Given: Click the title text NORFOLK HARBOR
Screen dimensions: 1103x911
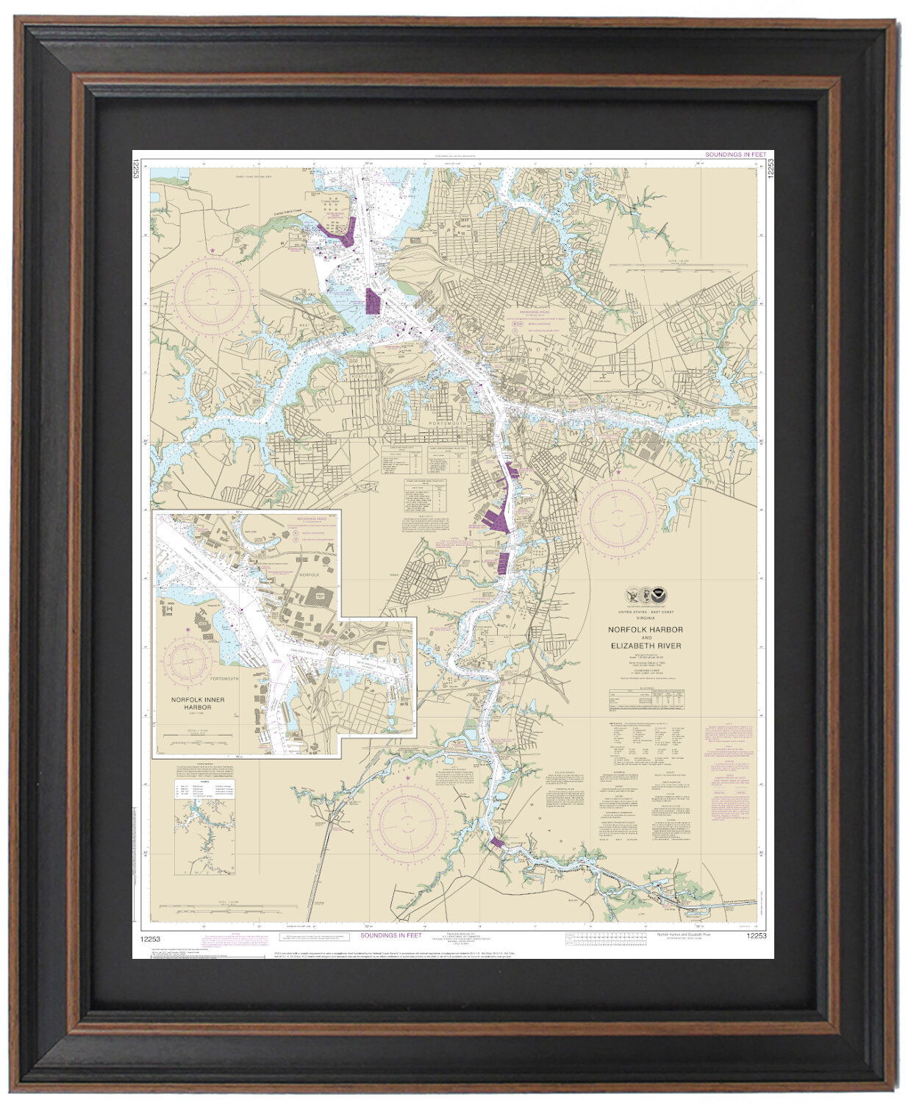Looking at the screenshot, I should pos(645,630).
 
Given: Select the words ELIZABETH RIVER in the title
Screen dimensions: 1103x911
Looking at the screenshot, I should pos(645,646).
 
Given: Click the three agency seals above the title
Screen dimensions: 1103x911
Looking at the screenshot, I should pos(645,595).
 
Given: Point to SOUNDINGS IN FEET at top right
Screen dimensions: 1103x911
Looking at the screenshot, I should pos(735,155).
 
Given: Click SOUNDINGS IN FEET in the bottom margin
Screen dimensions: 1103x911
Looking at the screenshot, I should pos(391,935).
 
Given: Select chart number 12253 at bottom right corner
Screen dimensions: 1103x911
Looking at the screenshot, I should pos(756,935).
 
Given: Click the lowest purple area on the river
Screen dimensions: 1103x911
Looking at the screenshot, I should pos(496,843).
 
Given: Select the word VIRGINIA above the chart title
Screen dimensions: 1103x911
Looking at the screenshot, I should pos(645,618).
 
